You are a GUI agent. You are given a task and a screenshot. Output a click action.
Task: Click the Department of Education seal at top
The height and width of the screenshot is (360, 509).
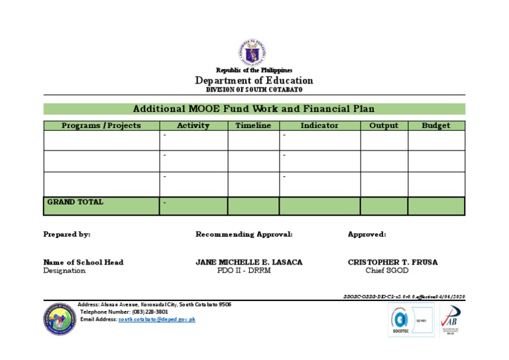point(254,52)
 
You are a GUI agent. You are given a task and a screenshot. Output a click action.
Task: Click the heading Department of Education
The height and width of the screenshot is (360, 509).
point(254,81)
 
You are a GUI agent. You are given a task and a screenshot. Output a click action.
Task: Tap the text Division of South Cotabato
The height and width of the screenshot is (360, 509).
point(254,90)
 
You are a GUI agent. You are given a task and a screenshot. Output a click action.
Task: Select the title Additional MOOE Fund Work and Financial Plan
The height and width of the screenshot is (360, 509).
point(254,109)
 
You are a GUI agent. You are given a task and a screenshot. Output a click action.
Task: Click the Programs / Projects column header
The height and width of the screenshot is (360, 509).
point(101,125)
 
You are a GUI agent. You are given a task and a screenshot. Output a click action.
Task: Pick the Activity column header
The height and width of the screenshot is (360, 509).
point(193,125)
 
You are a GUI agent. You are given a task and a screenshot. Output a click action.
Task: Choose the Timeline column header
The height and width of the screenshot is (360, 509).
point(253,125)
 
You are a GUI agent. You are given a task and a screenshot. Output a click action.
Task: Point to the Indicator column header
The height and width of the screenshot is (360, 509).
point(319,125)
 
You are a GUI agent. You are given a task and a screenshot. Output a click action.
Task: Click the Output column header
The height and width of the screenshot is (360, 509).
point(384,125)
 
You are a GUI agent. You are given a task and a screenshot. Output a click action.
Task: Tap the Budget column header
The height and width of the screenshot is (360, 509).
point(436,125)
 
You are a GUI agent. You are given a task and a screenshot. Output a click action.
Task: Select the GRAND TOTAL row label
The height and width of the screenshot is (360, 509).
point(75,202)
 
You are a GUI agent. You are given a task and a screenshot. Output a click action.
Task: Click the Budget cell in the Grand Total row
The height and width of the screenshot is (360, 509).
point(436,206)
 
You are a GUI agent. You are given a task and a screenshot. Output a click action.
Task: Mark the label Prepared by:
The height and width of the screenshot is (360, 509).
point(67,234)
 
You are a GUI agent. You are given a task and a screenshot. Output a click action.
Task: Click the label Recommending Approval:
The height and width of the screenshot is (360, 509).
point(244,234)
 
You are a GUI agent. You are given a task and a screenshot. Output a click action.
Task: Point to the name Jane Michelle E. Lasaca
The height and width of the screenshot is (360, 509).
point(249,262)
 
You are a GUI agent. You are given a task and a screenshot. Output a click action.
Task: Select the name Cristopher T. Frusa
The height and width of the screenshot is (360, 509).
point(392,262)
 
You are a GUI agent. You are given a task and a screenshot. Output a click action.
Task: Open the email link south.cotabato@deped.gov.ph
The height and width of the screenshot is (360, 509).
point(157,319)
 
